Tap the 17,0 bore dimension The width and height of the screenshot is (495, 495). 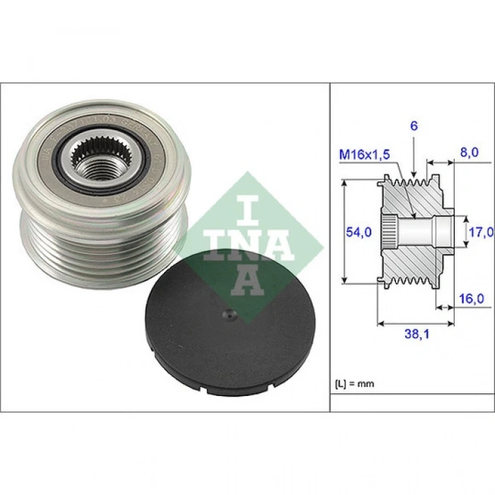coord(483,231)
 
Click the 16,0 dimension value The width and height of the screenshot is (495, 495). coord(471,298)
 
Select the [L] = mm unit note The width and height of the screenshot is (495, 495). coord(354,384)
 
